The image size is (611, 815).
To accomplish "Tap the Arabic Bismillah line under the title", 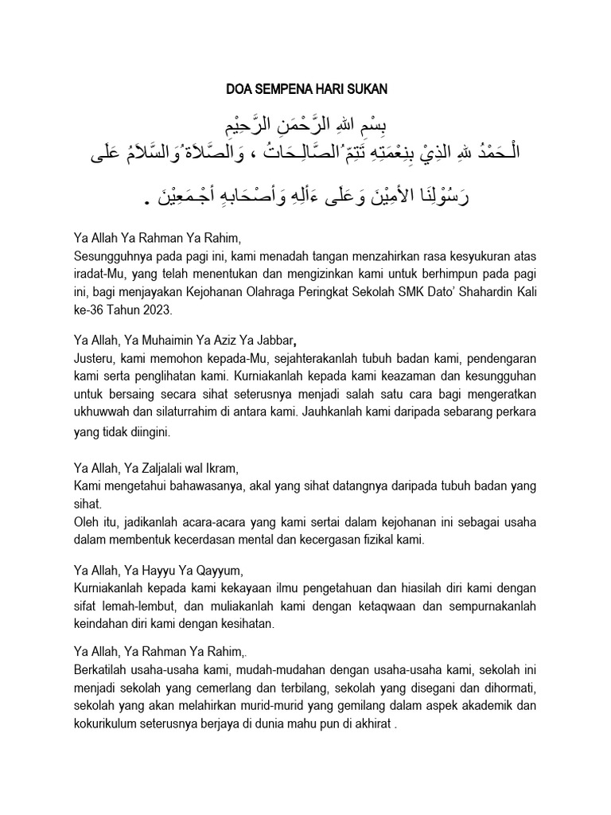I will click(x=305, y=127).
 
